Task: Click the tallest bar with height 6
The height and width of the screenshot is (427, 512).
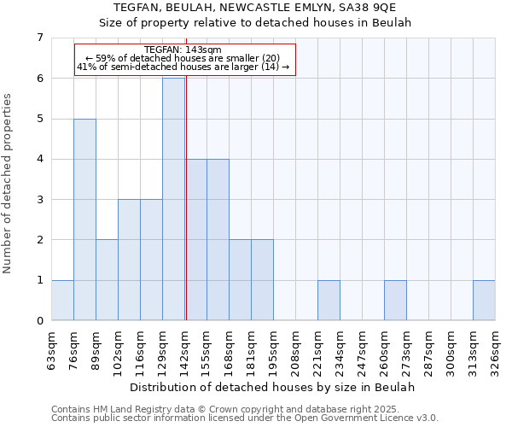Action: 173,199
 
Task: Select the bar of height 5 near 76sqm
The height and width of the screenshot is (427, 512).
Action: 84,219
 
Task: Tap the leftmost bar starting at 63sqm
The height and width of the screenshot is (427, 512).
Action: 62,300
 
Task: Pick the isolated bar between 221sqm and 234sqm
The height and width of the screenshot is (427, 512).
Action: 329,300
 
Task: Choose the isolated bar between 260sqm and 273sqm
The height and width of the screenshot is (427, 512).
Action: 395,300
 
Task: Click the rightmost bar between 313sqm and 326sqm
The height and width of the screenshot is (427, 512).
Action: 484,300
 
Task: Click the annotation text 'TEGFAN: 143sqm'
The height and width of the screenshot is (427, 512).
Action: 183,50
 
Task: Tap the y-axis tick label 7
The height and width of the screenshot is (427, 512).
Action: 39,38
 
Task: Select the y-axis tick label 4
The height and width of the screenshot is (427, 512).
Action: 39,159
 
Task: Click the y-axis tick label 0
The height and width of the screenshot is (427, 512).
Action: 39,320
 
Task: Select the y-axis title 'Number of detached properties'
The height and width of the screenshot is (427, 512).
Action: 9,183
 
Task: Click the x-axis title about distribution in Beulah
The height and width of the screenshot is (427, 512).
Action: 273,387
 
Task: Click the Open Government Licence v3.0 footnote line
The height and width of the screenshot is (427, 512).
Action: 245,418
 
